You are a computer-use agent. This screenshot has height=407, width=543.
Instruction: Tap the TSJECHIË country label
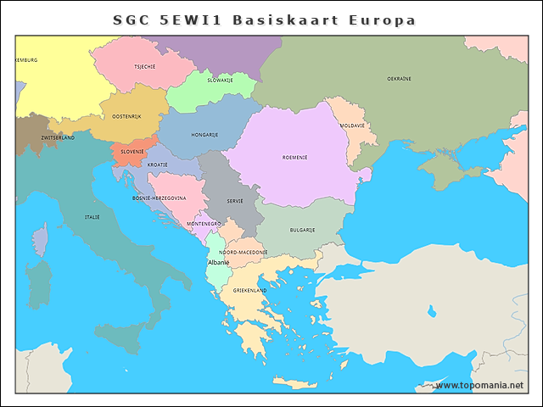pyautogui.click(x=144, y=66)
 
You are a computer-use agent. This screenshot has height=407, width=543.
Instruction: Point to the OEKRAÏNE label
pyautogui.click(x=399, y=78)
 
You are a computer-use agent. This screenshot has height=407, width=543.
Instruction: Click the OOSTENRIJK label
pyautogui.click(x=126, y=116)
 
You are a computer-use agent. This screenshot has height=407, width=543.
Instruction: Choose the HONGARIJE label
pyautogui.click(x=204, y=135)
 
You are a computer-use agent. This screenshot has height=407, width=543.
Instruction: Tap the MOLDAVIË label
pyautogui.click(x=352, y=125)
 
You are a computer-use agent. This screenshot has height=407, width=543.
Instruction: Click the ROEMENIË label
pyautogui.click(x=294, y=157)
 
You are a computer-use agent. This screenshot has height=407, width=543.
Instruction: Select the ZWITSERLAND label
pyautogui.click(x=58, y=137)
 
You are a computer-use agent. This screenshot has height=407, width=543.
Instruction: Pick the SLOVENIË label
pyautogui.click(x=132, y=151)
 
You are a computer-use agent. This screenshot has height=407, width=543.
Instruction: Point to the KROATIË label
pyautogui.click(x=157, y=164)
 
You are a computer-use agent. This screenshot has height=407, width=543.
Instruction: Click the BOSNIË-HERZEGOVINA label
pyautogui.click(x=159, y=198)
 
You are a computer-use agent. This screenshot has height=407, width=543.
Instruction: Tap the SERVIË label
pyautogui.click(x=235, y=201)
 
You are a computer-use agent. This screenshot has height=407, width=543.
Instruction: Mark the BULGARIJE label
pyautogui.click(x=302, y=230)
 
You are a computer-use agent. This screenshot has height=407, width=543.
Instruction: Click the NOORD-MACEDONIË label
pyautogui.click(x=243, y=253)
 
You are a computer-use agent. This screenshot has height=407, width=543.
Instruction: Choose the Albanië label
pyautogui.click(x=218, y=263)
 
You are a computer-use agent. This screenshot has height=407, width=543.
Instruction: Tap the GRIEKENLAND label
pyautogui.click(x=249, y=291)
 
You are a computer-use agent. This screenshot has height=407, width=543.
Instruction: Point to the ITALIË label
pyautogui.click(x=92, y=217)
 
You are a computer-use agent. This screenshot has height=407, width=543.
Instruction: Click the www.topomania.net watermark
pyautogui.click(x=479, y=385)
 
